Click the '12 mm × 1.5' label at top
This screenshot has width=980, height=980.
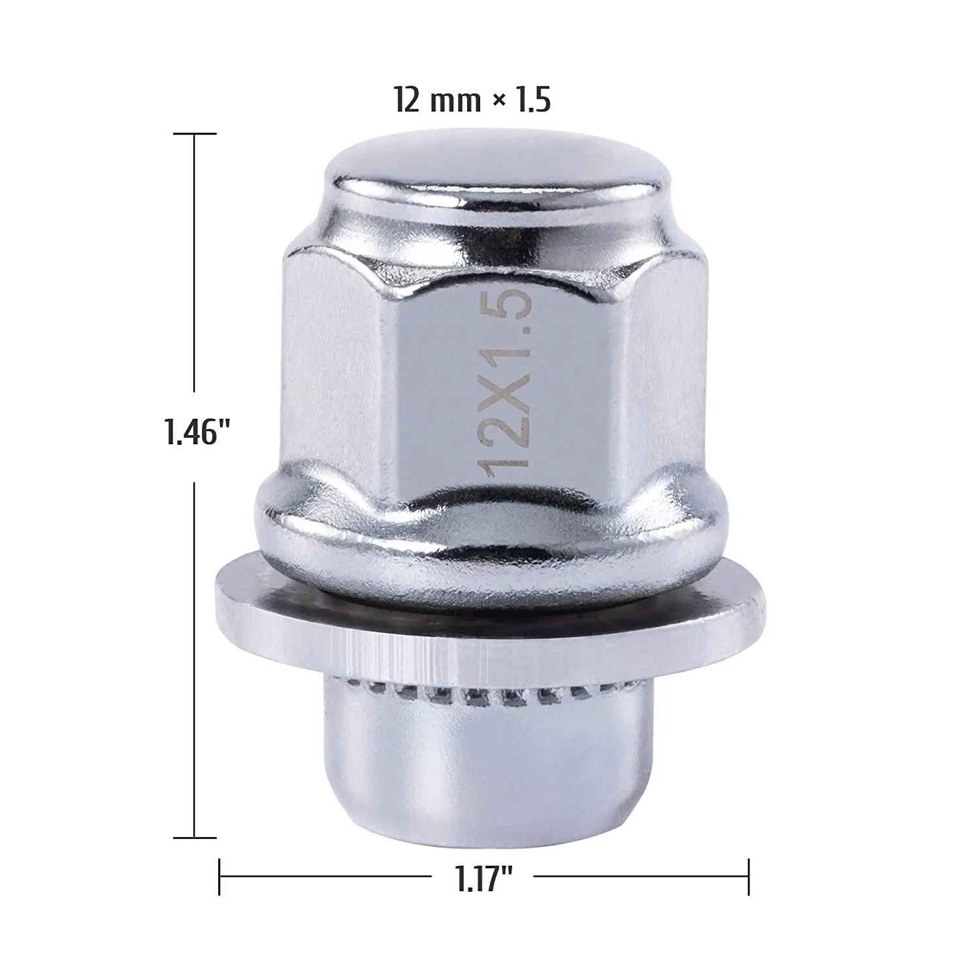(x=472, y=101)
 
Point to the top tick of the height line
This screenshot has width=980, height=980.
(x=195, y=134)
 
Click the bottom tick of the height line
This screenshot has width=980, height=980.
(x=195, y=837)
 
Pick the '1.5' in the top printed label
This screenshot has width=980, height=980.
(x=532, y=101)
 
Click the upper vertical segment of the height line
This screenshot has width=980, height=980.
(x=195, y=261)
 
